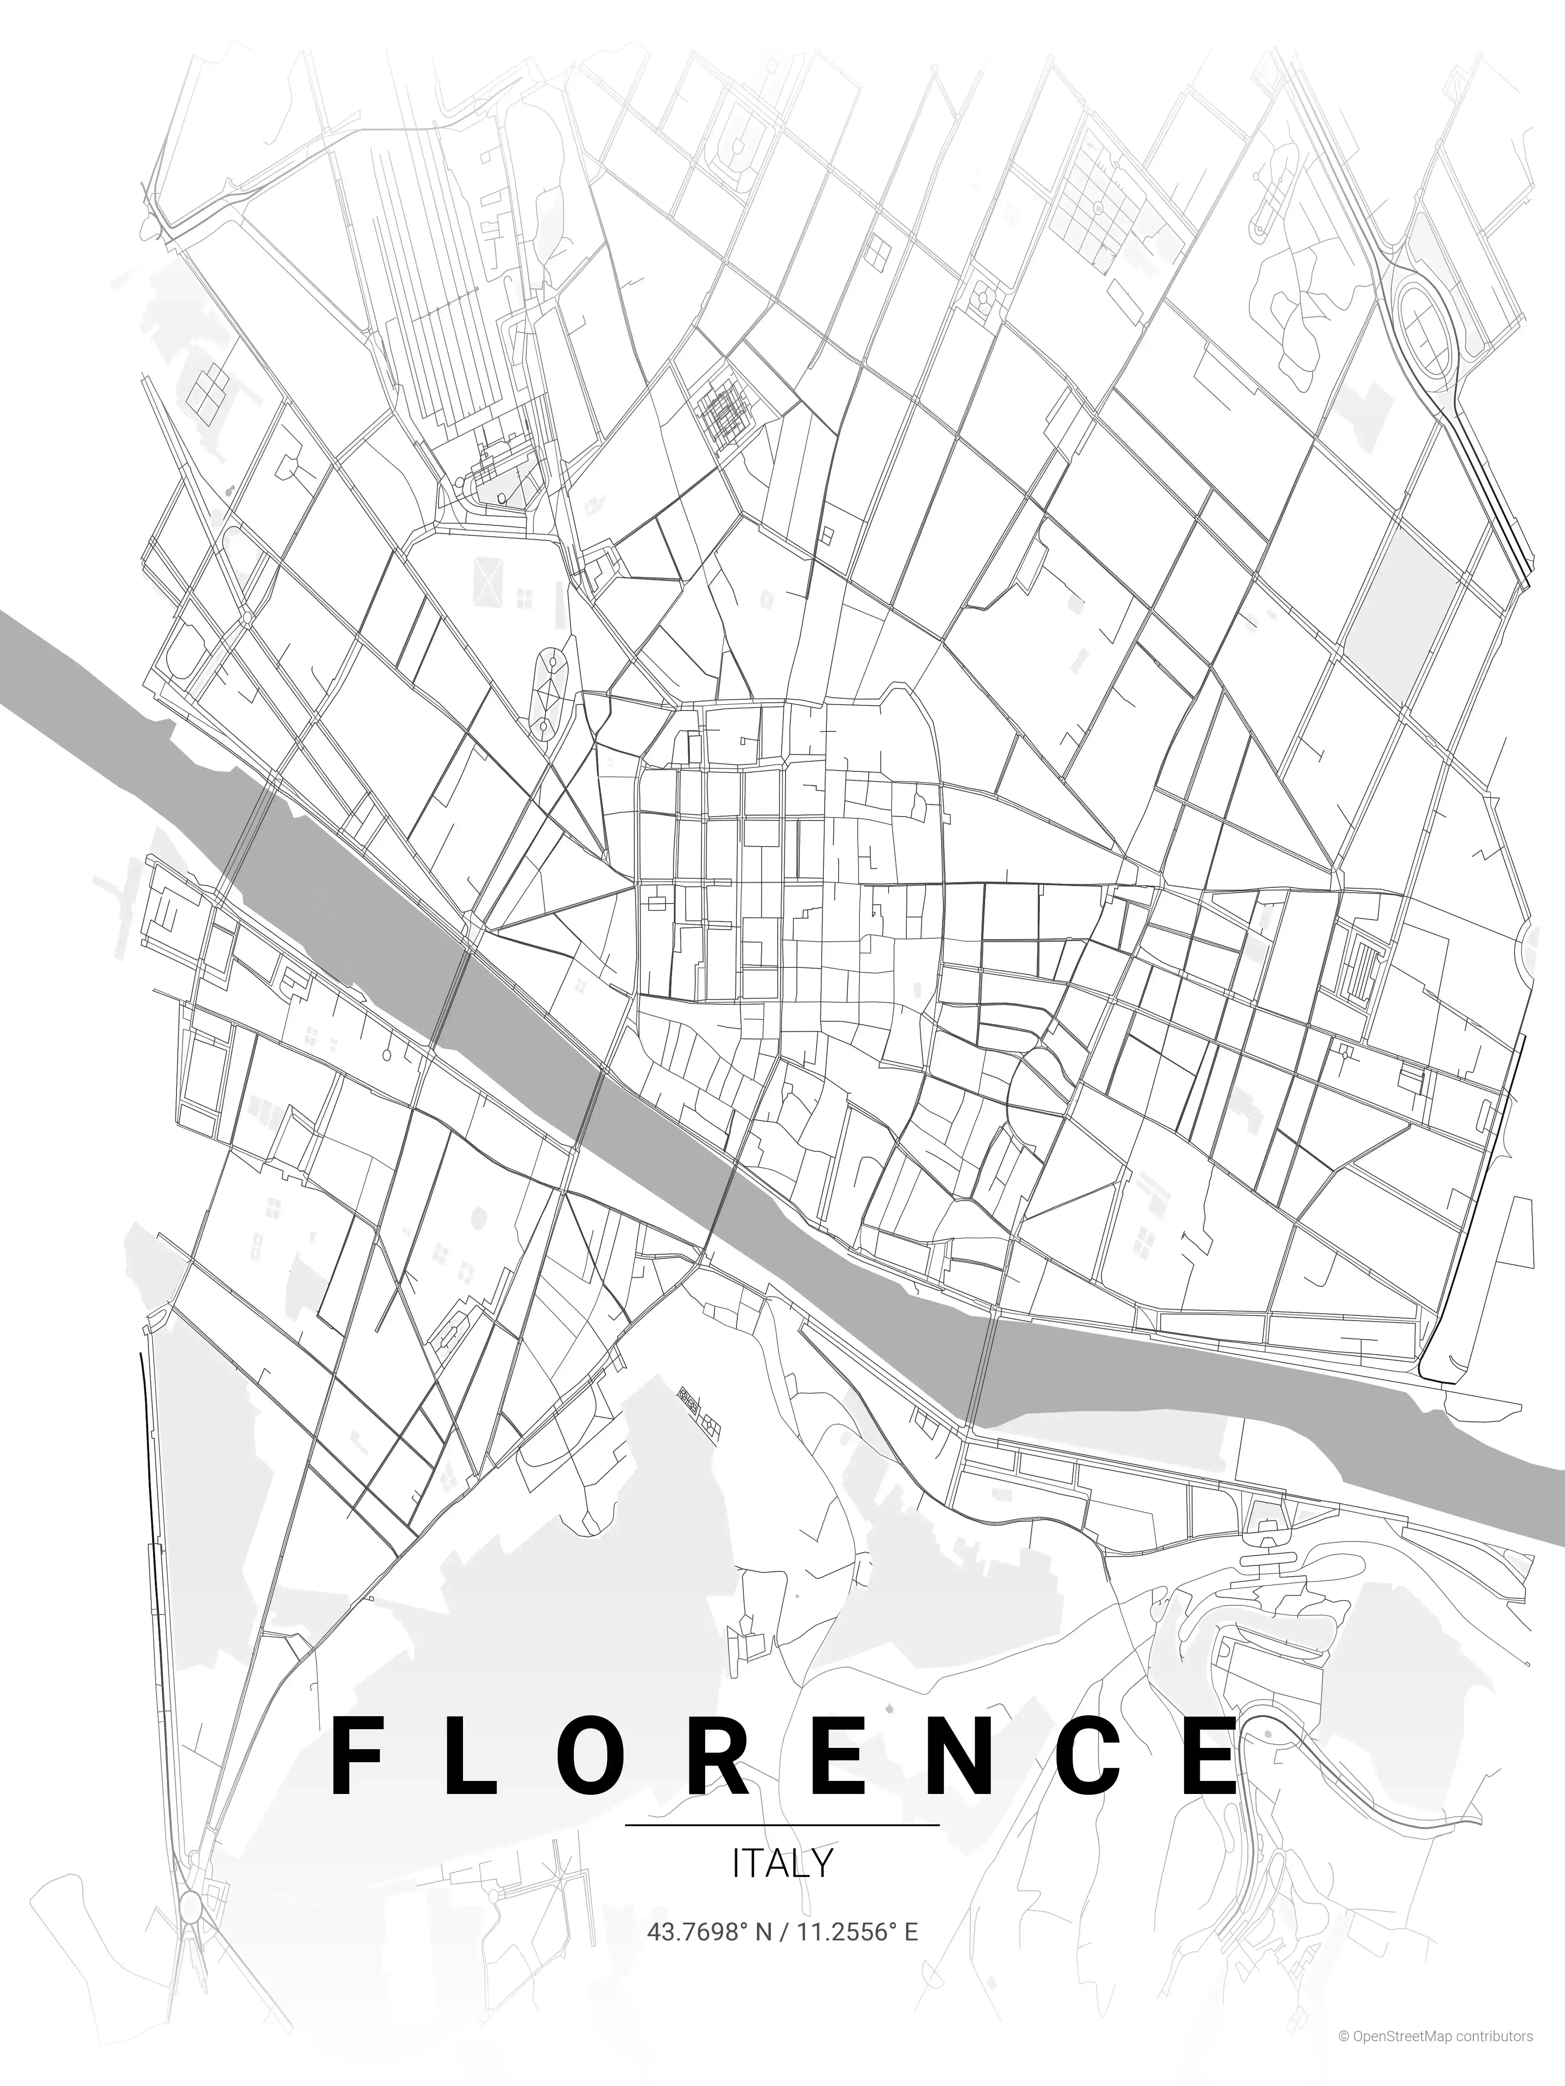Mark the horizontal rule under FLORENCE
(x=782, y=1825)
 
